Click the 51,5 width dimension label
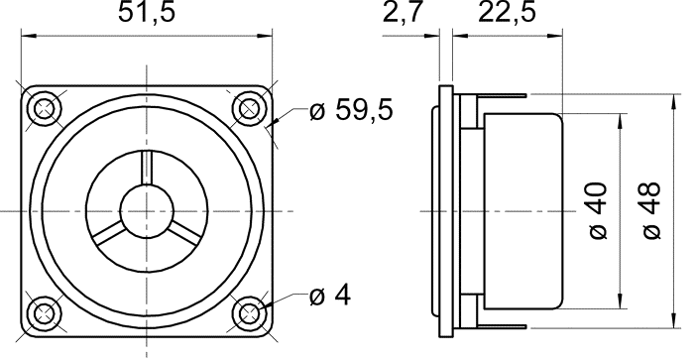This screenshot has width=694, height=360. point(147,12)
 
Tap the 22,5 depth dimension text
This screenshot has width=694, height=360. point(507,12)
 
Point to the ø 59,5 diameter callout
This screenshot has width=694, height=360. point(351,109)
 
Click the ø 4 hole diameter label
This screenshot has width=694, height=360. point(330,296)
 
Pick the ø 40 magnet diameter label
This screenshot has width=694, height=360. point(599,210)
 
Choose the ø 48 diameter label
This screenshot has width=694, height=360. point(652,210)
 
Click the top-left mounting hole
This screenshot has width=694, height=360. point(45,108)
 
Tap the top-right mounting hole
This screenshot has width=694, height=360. point(249,108)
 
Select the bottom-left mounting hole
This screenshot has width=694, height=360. point(45,313)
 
